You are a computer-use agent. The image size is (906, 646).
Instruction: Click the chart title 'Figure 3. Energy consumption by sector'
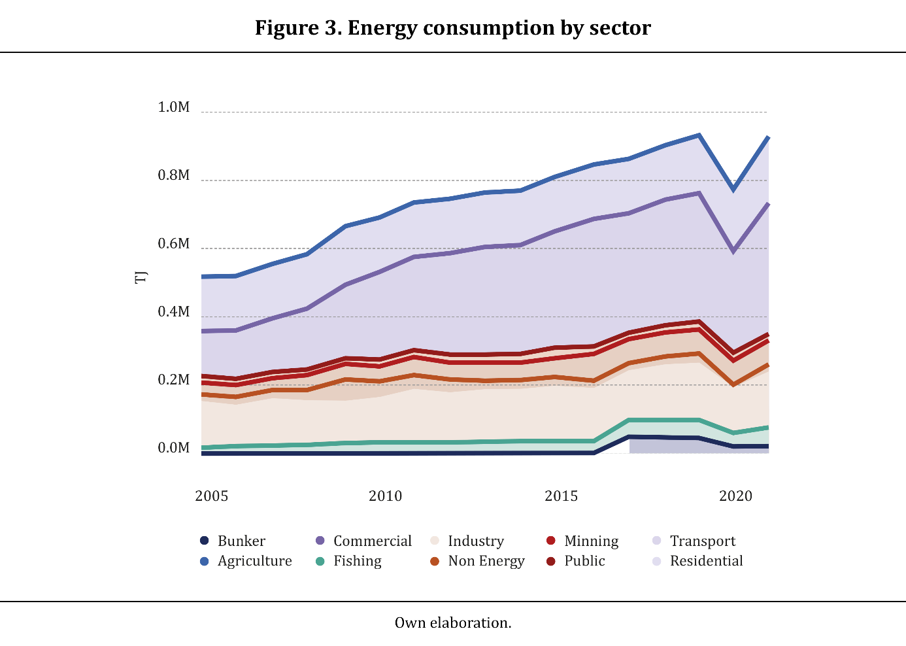click(x=452, y=28)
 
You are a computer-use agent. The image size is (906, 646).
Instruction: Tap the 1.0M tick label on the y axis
click(x=174, y=107)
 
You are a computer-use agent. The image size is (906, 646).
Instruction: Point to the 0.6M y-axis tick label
click(x=174, y=244)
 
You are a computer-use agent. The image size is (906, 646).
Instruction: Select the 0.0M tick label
click(x=174, y=448)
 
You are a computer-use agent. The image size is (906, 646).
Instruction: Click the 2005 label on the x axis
click(x=212, y=496)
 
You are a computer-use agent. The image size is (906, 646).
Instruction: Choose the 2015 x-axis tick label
click(x=562, y=496)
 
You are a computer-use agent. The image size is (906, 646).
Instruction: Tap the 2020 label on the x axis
click(x=736, y=496)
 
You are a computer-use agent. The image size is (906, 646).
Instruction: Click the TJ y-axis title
click(x=141, y=278)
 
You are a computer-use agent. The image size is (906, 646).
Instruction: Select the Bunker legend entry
click(x=241, y=541)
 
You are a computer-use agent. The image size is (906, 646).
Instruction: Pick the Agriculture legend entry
click(x=254, y=561)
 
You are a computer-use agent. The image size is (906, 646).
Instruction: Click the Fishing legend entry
click(x=357, y=561)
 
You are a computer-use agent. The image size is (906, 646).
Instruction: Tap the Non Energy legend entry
click(x=486, y=561)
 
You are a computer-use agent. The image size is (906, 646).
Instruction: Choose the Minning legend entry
click(x=591, y=541)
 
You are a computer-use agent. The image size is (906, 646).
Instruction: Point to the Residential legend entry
click(x=706, y=561)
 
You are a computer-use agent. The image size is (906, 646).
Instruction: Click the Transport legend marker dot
click(x=657, y=541)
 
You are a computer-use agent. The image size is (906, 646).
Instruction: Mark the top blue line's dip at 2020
click(x=734, y=190)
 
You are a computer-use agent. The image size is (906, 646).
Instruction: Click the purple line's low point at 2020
click(x=734, y=251)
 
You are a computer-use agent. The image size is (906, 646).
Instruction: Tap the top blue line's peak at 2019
click(x=699, y=135)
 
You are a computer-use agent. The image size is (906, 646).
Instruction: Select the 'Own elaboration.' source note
click(x=453, y=622)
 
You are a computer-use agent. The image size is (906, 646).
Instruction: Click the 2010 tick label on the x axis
click(x=386, y=496)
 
